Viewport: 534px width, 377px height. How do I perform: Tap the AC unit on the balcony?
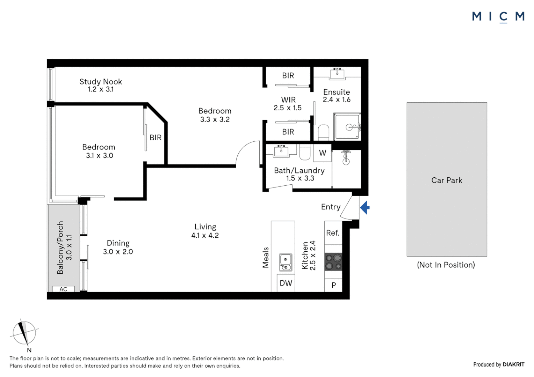tap(63, 289)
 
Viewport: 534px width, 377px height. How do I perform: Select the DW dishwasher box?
tap(286, 283)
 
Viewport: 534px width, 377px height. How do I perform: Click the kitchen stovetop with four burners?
tap(333, 262)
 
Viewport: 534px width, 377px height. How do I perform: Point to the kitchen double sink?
tap(286, 263)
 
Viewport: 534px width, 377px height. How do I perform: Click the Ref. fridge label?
tap(332, 233)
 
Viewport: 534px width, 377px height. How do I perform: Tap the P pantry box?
tap(333, 285)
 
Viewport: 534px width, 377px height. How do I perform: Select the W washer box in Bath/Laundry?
tap(322, 153)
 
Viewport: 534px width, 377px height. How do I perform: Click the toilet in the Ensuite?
tap(324, 132)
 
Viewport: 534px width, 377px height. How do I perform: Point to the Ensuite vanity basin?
tap(337, 74)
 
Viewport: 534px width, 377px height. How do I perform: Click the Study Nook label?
tap(101, 82)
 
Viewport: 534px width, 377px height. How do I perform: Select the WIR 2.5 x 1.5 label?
tap(288, 104)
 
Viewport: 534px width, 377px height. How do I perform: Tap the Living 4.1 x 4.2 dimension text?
tap(205, 236)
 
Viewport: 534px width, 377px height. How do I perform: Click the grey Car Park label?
tap(447, 180)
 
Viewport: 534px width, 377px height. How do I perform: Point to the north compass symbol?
tap(24, 333)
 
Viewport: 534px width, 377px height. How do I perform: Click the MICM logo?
tap(498, 16)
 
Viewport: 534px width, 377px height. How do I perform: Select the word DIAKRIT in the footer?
tap(513, 364)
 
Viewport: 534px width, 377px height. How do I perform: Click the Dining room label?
tap(118, 243)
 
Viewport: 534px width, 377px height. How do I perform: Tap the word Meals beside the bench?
tap(266, 258)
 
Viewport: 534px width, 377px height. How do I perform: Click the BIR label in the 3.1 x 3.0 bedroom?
tap(156, 138)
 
